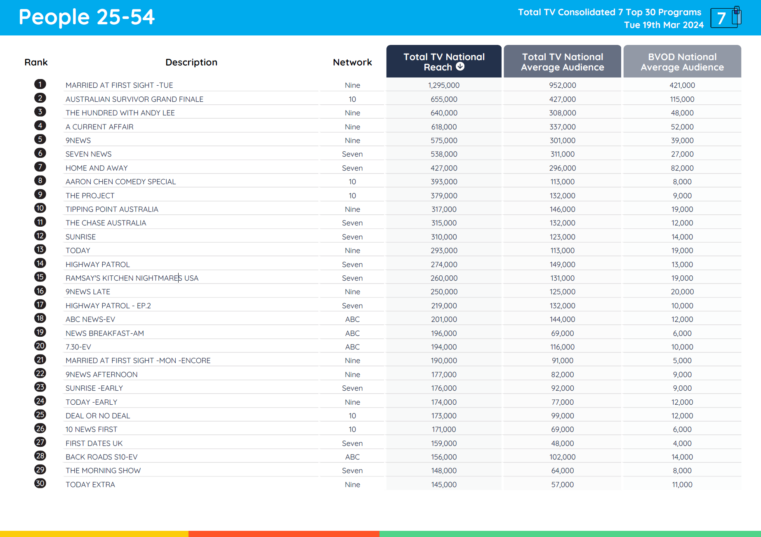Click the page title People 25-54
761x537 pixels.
point(87,17)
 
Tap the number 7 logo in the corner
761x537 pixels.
point(725,18)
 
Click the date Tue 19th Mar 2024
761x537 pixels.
point(664,25)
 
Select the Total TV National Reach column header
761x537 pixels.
point(443,61)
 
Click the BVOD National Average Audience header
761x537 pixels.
point(682,62)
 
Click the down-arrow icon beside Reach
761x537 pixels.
point(460,67)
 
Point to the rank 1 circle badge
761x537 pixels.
point(40,84)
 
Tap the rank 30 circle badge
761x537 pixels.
point(40,483)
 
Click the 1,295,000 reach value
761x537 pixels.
point(444,85)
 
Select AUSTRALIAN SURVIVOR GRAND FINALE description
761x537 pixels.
point(134,99)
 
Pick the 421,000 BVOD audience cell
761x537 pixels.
point(682,85)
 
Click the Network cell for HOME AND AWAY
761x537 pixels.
point(352,168)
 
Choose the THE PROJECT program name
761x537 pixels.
point(90,196)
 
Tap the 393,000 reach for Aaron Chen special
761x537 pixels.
point(444,182)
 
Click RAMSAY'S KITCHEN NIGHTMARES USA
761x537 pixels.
point(132,278)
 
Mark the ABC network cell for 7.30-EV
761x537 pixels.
point(352,347)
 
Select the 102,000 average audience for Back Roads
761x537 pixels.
point(562,457)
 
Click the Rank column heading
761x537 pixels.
point(36,62)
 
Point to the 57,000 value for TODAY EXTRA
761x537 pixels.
point(562,485)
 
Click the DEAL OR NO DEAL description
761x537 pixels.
point(98,416)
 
